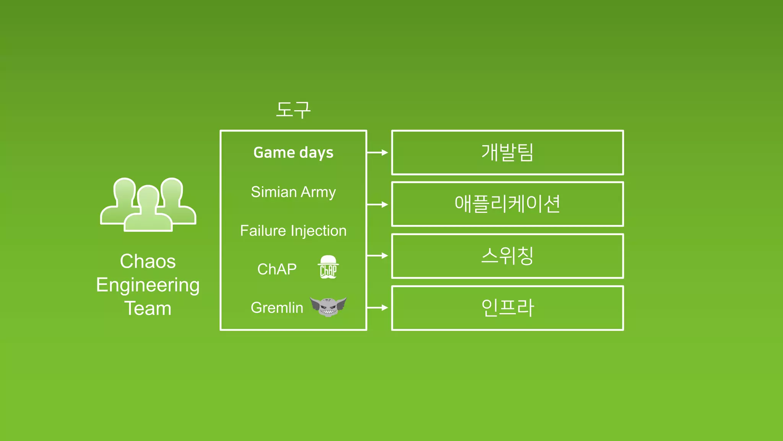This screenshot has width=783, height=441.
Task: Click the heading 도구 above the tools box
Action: [x=293, y=110]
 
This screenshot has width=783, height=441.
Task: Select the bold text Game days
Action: [x=293, y=153]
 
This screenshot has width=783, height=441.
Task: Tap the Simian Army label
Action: [x=293, y=192]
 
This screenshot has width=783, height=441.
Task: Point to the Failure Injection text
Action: [x=293, y=231]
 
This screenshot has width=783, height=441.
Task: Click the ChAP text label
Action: [x=277, y=269]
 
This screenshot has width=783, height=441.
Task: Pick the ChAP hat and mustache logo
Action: [x=328, y=267]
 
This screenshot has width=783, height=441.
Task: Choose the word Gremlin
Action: [x=277, y=308]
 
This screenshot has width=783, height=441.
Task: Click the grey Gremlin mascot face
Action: [x=328, y=306]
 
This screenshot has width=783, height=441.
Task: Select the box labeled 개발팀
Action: [x=507, y=152]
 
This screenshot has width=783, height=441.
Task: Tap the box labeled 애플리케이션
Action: [x=507, y=204]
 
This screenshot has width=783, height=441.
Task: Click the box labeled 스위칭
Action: [x=507, y=256]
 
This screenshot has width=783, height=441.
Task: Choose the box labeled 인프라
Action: [x=507, y=308]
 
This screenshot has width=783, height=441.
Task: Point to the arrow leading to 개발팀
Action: [x=378, y=152]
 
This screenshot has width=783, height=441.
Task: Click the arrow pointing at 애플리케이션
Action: [x=378, y=204]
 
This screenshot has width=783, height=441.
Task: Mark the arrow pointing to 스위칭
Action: [x=378, y=255]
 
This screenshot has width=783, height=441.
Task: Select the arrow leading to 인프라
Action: [x=378, y=307]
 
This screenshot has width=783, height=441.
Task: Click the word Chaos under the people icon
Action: [x=148, y=261]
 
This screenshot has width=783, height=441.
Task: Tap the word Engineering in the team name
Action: [x=148, y=285]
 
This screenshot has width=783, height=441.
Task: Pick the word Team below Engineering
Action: [x=148, y=309]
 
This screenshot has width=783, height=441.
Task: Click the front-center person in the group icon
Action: [x=148, y=211]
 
